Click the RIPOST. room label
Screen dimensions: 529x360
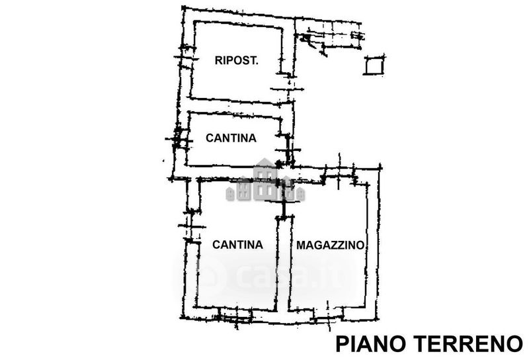click(x=237, y=60)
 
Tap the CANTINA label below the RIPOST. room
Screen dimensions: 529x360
click(x=231, y=138)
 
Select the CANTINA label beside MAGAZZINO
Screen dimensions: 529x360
click(x=237, y=244)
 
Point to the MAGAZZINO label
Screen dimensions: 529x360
click(x=330, y=245)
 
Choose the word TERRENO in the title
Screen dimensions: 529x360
click(x=468, y=343)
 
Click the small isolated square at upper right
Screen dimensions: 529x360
click(x=374, y=65)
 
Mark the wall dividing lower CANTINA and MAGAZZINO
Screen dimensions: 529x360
click(x=284, y=263)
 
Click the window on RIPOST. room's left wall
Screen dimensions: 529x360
click(x=186, y=58)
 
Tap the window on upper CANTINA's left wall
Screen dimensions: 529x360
click(x=179, y=138)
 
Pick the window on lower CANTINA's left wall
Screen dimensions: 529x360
click(x=192, y=226)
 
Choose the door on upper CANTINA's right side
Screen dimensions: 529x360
click(x=287, y=150)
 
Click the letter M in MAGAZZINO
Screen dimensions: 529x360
click(x=301, y=245)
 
